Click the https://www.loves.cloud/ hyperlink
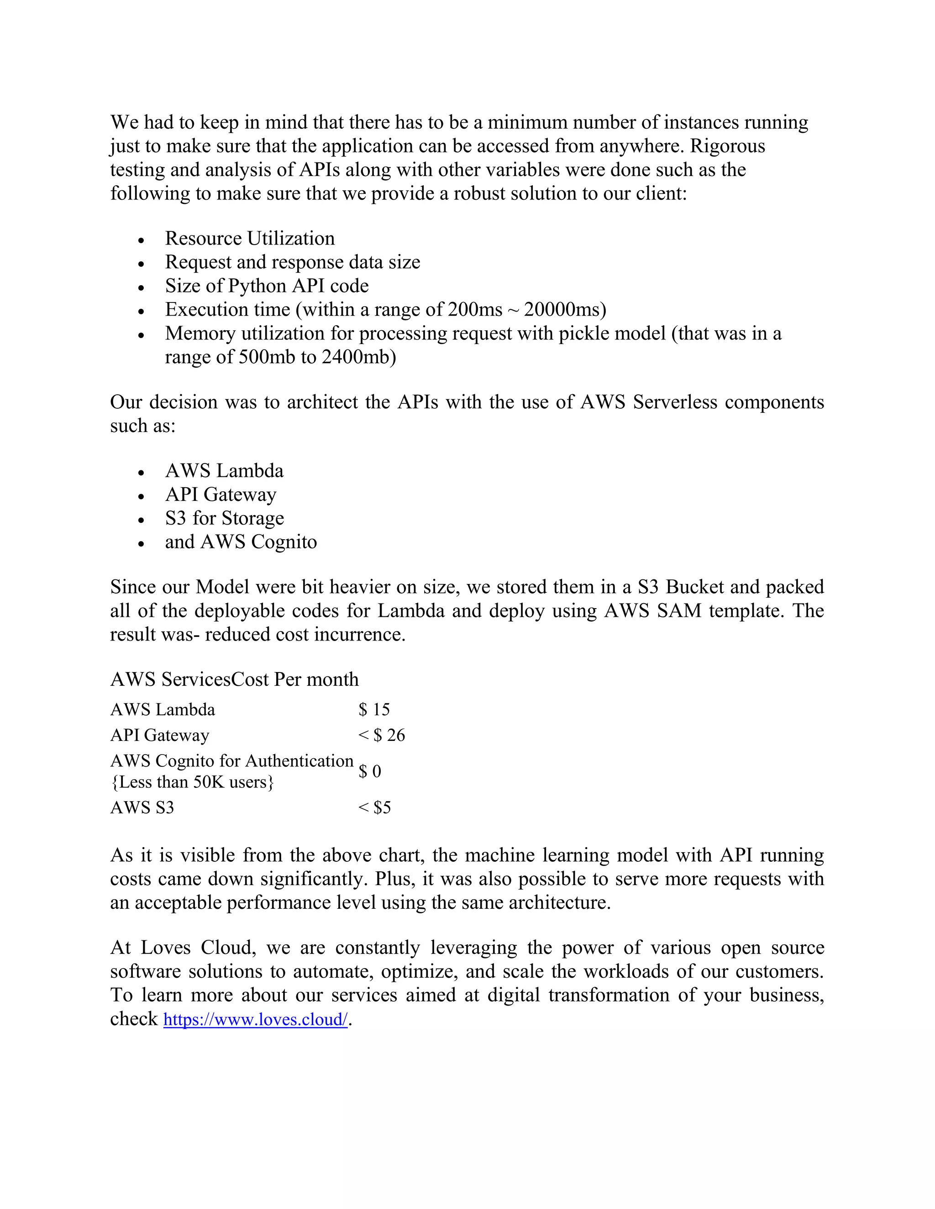click(255, 1020)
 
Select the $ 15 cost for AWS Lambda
click(374, 710)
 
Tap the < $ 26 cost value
click(382, 735)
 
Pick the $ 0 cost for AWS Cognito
click(370, 771)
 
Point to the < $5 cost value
click(374, 808)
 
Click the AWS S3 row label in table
click(142, 808)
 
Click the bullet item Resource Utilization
click(250, 239)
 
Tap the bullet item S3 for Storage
click(224, 518)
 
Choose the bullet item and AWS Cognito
click(241, 542)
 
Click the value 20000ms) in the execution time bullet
click(565, 309)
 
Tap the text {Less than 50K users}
click(192, 782)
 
